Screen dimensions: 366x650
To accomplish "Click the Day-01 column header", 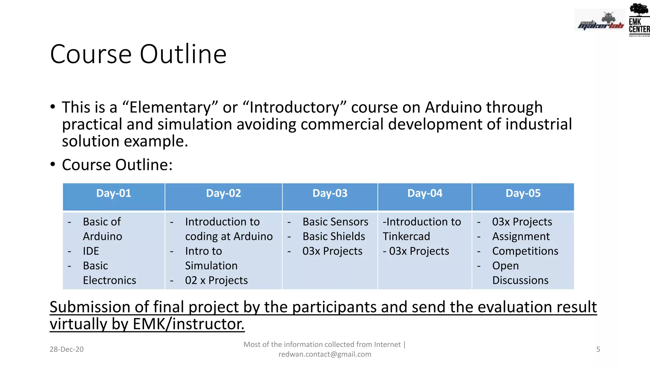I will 114,193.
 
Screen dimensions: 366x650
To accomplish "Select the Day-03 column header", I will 330,193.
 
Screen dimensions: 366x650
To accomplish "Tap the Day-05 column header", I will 523,193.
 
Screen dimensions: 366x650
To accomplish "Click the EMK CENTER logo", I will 639,20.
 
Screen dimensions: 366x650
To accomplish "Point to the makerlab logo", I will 600,21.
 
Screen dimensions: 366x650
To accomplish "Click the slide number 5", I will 598,349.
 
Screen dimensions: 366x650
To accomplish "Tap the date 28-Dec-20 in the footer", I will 67,349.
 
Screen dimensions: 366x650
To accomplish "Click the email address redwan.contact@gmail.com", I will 325,354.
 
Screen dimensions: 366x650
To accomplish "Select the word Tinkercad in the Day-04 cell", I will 406,236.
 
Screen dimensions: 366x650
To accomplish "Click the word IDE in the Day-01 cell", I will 91,251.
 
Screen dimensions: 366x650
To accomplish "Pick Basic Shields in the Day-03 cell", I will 334,236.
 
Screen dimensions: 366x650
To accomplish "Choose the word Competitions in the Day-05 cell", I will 525,251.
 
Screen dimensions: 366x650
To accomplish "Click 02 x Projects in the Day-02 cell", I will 216,280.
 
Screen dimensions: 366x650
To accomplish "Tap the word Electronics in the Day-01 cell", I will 109,280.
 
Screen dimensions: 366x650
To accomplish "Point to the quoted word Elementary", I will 170,107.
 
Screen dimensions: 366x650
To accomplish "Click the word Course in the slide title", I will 91,54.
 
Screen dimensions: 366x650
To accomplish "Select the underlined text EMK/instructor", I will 189,324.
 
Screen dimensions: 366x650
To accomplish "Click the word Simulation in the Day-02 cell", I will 211,266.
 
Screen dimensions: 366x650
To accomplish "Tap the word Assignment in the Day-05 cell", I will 521,236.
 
